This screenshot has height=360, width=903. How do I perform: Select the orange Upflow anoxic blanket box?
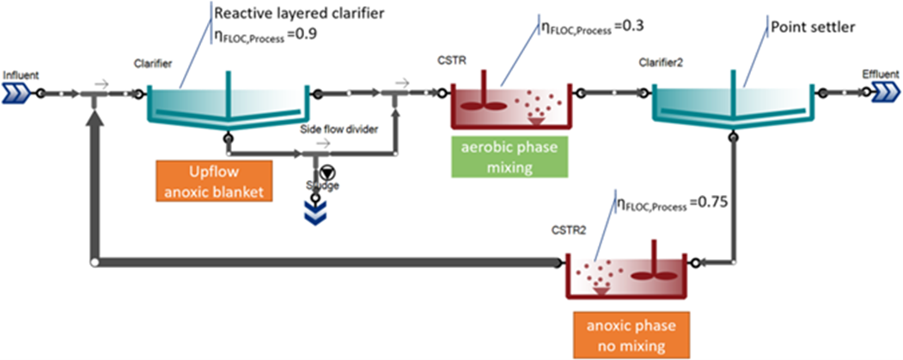tap(215, 180)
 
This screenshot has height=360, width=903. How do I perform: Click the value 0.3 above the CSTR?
tap(630, 27)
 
